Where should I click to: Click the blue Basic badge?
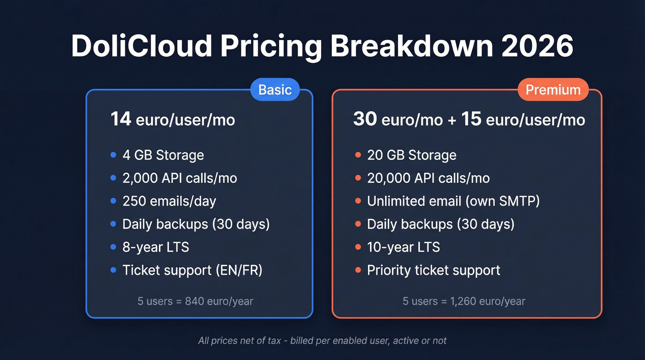click(x=275, y=89)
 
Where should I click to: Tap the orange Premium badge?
click(x=553, y=89)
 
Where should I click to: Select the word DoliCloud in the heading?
click(x=142, y=46)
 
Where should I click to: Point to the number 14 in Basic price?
click(x=121, y=119)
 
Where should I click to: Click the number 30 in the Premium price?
click(x=365, y=119)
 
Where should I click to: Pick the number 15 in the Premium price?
click(x=471, y=119)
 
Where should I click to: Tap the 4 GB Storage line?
click(x=163, y=155)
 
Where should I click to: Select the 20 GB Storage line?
click(x=411, y=155)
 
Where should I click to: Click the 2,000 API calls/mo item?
click(x=180, y=178)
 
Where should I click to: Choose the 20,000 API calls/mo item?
click(x=428, y=178)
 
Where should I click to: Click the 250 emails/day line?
click(x=169, y=201)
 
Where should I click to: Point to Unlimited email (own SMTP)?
click(x=453, y=201)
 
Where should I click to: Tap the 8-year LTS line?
click(x=156, y=248)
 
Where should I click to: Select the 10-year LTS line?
click(x=403, y=248)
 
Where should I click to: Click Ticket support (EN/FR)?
click(x=192, y=271)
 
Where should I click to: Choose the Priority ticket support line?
click(x=434, y=271)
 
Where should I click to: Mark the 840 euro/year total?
click(x=219, y=301)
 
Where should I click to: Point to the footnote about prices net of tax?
click(x=322, y=341)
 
